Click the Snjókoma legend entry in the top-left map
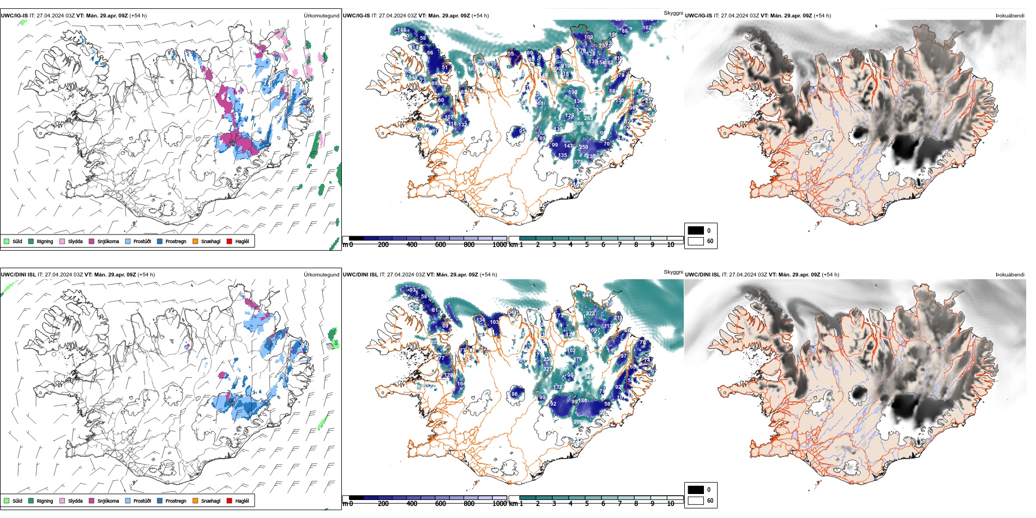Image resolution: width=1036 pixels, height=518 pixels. (108, 242)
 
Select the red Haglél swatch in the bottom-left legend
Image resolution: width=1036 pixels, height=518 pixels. (229, 501)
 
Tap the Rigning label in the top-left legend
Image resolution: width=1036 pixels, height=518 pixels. (45, 242)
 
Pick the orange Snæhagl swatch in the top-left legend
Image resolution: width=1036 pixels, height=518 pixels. (195, 241)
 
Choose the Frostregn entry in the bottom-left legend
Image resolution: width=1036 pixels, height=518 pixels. (176, 501)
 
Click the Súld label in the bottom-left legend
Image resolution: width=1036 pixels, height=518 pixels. (17, 501)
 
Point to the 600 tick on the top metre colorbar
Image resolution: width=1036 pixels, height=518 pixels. (441, 245)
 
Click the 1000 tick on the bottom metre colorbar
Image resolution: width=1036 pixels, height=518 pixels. (499, 504)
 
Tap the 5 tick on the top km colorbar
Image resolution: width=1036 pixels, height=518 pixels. (587, 245)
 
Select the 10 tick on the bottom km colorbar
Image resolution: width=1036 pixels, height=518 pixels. (671, 504)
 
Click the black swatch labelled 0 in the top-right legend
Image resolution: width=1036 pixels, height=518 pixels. (696, 230)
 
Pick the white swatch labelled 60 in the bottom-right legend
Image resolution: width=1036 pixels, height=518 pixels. (696, 500)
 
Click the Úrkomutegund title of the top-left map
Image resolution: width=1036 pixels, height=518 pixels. (321, 16)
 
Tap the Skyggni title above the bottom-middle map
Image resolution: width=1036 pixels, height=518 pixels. (673, 272)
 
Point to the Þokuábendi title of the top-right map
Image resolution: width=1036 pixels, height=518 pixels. (1010, 16)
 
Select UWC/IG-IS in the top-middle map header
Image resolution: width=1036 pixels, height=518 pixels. (356, 16)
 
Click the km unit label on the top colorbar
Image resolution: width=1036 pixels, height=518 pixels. (513, 245)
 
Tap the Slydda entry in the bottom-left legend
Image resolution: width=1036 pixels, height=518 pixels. (75, 501)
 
